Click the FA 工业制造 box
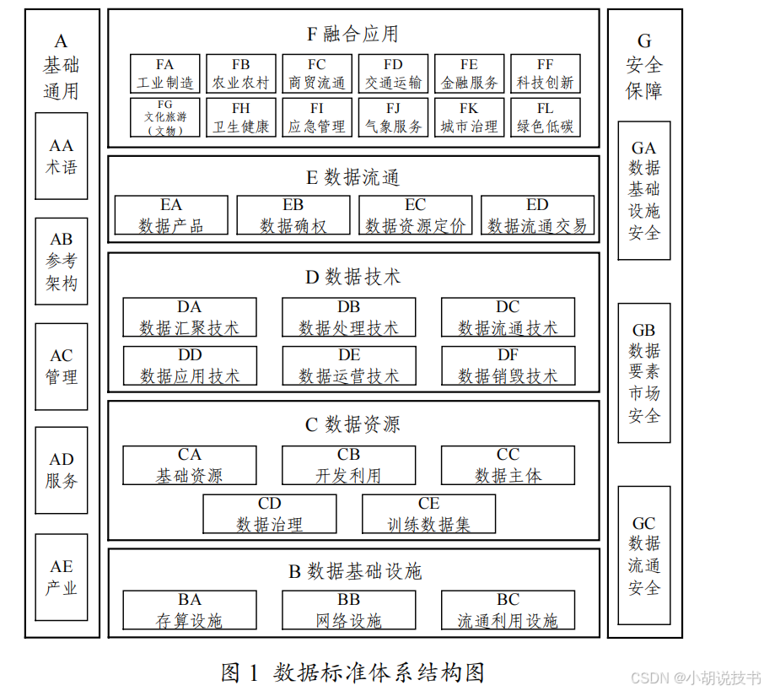click(x=165, y=73)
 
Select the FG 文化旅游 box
click(x=165, y=117)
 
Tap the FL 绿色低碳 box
click(x=546, y=117)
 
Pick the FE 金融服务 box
click(x=470, y=73)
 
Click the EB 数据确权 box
click(x=293, y=215)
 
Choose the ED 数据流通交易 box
click(x=537, y=215)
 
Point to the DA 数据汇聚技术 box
click(x=190, y=317)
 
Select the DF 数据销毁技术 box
click(x=508, y=365)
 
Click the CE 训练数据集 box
click(x=428, y=514)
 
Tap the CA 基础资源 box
click(x=190, y=466)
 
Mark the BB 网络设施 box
click(x=348, y=610)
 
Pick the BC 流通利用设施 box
click(x=508, y=610)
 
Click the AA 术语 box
click(x=62, y=156)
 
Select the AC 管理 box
click(x=62, y=366)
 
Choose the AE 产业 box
click(x=62, y=577)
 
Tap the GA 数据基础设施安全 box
click(x=644, y=190)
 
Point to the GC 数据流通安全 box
click(x=644, y=555)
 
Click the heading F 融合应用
click(x=352, y=34)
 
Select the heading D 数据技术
click(x=352, y=276)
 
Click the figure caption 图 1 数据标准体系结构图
click(x=352, y=672)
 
